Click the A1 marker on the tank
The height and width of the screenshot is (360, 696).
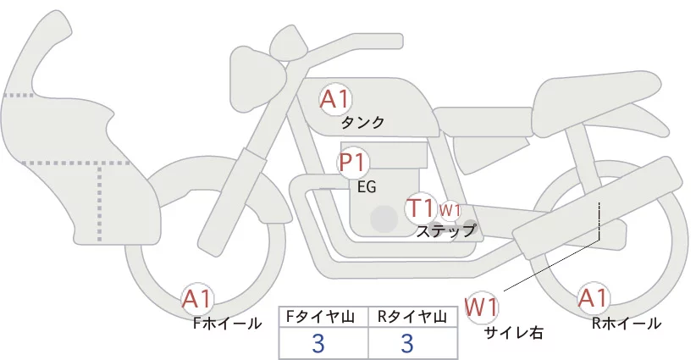pos(335,99)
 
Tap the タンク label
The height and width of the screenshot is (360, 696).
pos(362,123)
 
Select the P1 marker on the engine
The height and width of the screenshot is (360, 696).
pos(352,163)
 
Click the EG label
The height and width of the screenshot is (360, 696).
pos(367,187)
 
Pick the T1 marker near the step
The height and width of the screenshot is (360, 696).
pos(420,208)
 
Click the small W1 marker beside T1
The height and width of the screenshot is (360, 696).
pos(450,210)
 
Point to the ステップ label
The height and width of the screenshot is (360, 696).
pos(445,231)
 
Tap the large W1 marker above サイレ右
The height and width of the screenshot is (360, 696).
pos(481,307)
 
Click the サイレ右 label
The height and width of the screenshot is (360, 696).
pos(514,333)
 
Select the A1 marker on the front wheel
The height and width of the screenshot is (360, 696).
pos(197,299)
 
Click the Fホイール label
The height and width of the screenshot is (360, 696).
pos(227,324)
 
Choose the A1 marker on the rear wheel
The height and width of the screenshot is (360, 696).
pos(593,298)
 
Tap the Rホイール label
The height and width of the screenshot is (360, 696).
pos(627,324)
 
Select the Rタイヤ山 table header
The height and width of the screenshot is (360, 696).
pos(412,317)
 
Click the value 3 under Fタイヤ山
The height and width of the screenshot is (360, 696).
pos(318,343)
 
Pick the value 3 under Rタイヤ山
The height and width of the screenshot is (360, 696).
pos(407,343)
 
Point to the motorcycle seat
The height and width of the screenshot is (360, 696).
pos(594,102)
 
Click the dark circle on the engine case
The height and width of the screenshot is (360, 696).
pos(384,219)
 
